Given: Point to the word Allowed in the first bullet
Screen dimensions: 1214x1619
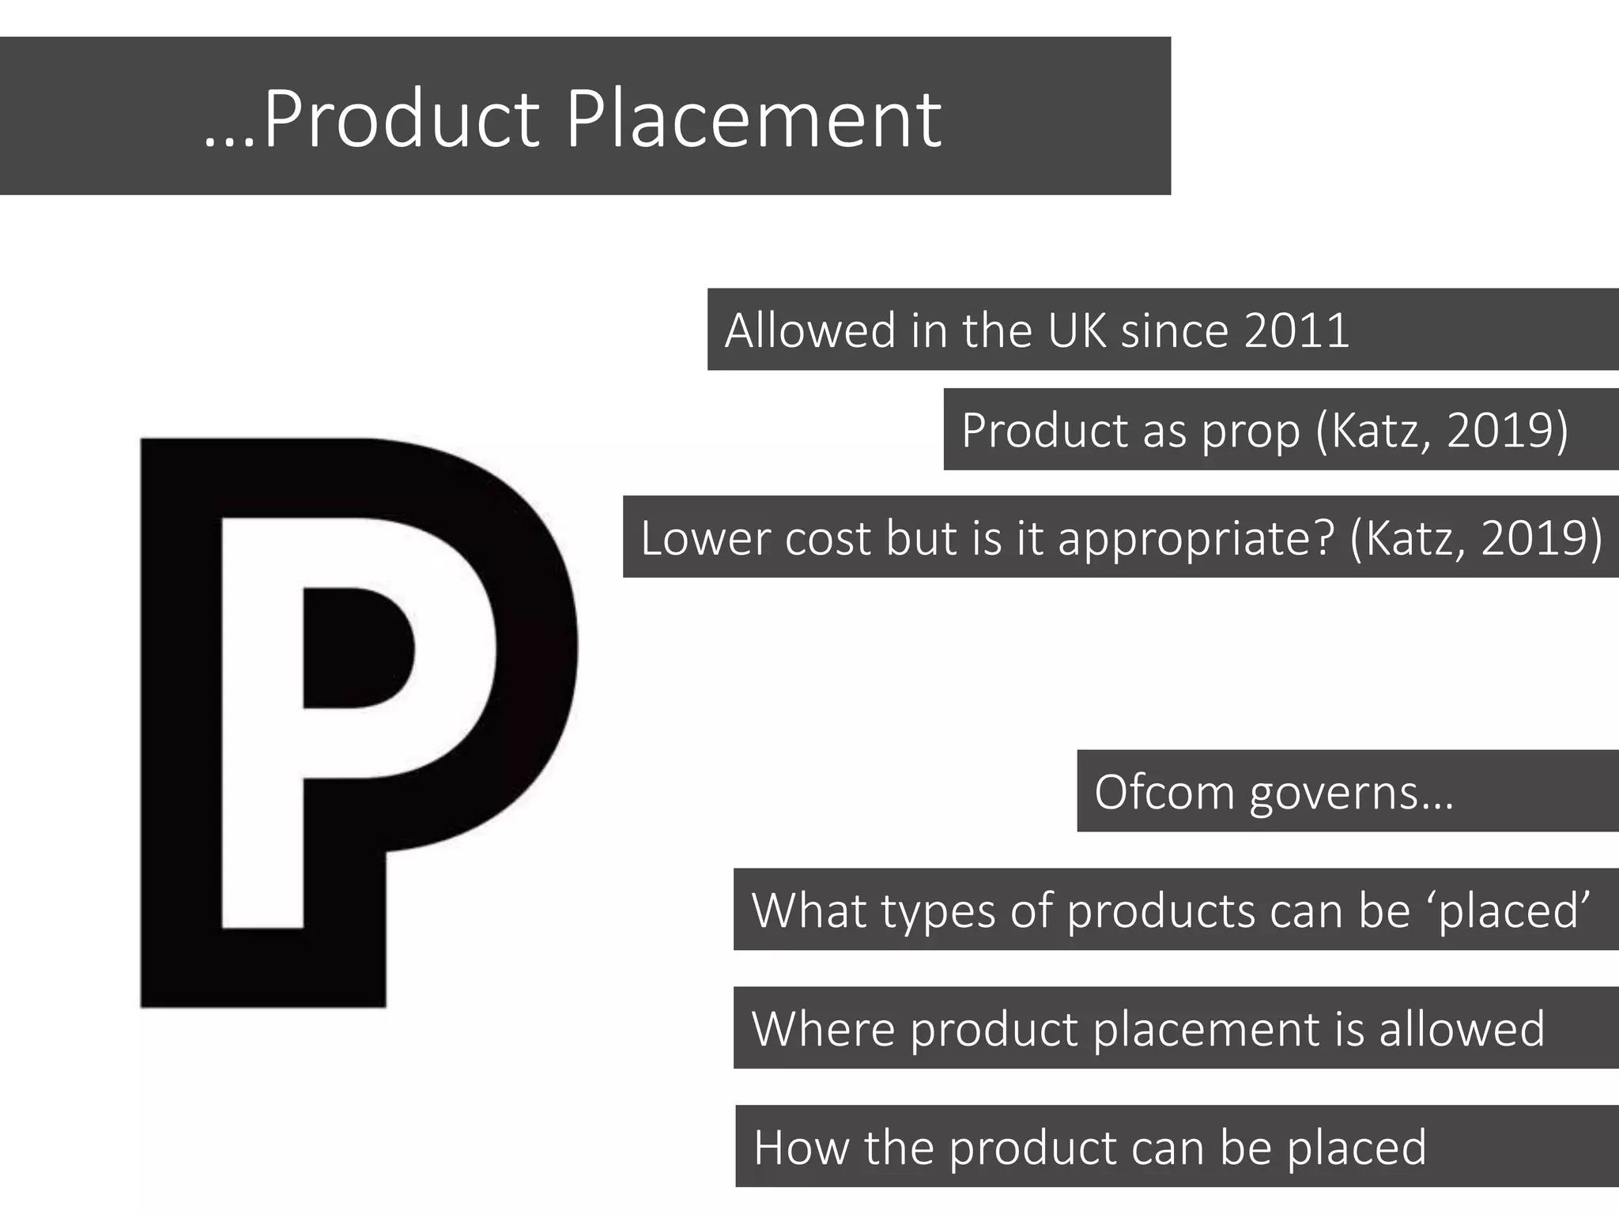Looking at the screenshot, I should (x=809, y=330).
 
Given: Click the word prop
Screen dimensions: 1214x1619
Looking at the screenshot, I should (x=1251, y=432).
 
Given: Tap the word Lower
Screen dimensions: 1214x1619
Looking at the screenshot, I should (x=705, y=538).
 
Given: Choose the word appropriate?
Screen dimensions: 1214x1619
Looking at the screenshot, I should (x=1196, y=540).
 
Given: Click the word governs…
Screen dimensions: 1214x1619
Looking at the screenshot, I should (x=1352, y=793).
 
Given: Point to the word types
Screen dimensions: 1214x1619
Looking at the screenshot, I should (x=938, y=911).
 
